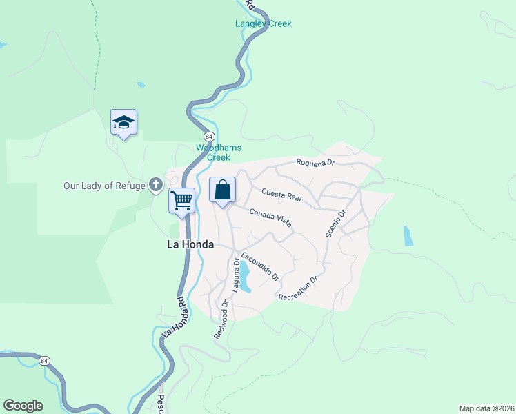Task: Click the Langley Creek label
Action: point(263,23)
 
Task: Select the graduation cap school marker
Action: point(123,122)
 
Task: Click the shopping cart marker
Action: point(181,201)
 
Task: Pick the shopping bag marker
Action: point(222,190)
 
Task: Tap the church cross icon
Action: point(156,185)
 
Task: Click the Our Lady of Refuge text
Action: point(104,186)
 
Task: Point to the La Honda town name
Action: point(190,244)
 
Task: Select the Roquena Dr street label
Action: point(315,163)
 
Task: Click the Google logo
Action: point(23,406)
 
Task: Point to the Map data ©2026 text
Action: point(486,408)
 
